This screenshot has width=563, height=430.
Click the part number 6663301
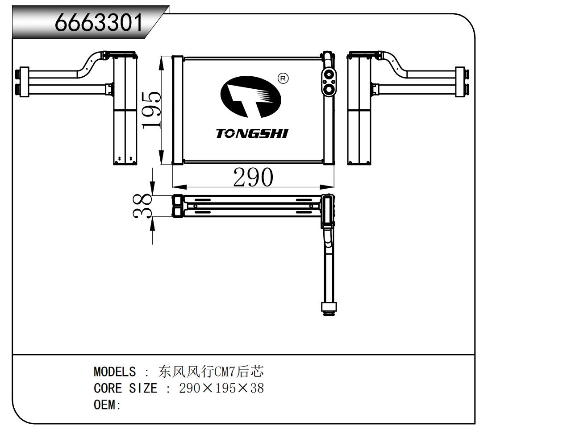(99, 22)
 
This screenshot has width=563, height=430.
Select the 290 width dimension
(253, 177)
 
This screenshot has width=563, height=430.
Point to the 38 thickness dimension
(142, 206)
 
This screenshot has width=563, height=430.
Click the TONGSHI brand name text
(252, 133)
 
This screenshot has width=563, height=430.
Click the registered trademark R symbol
(283, 79)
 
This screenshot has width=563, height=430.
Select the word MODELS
(114, 372)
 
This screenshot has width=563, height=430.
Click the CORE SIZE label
(125, 388)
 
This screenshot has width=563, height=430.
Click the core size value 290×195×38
(221, 388)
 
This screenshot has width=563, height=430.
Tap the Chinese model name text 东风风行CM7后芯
(211, 371)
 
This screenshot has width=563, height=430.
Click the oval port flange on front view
(329, 82)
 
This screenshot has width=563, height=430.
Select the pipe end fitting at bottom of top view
(328, 308)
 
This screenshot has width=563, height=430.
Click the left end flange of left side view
(23, 82)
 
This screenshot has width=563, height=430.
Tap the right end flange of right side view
(460, 82)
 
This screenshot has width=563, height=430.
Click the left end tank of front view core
(177, 110)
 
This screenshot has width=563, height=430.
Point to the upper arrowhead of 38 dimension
(153, 189)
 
